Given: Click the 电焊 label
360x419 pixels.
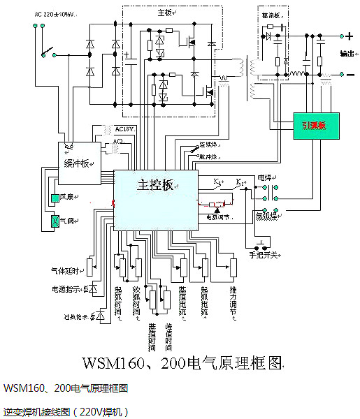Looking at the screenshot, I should tap(265, 177).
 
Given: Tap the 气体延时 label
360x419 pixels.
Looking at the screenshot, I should tap(63, 268).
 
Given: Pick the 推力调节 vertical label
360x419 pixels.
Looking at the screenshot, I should tap(233, 297).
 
